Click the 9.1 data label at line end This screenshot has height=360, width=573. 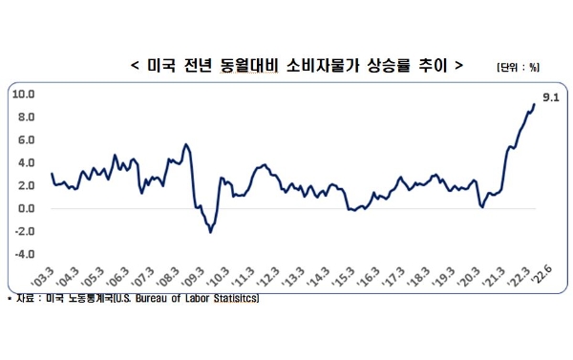(550, 97)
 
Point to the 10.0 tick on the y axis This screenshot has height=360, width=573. (23, 94)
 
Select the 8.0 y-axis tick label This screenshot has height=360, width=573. (25, 116)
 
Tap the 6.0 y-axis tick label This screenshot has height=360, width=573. (25, 139)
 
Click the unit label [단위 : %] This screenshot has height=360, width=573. (518, 67)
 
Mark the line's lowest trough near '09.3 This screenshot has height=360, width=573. (210, 231)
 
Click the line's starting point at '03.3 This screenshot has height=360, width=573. (52, 173)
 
